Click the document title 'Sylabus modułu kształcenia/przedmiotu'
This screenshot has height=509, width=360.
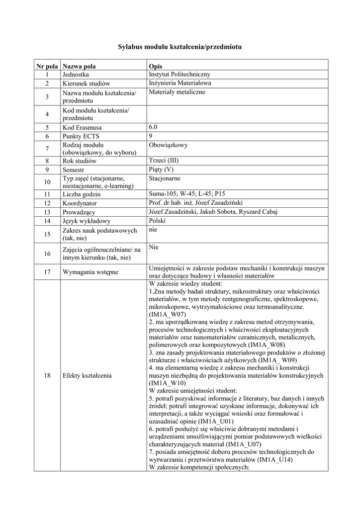[x=180, y=47]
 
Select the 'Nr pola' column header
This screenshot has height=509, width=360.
[x=47, y=66]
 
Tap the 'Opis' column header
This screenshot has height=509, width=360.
[x=155, y=66]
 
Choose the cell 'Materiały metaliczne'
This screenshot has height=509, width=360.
[x=177, y=92]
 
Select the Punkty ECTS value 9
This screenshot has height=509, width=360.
[x=151, y=136]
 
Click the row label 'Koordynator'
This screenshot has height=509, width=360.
[x=80, y=203]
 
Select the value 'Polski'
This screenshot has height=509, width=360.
[x=157, y=220]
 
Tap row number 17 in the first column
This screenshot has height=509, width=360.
[x=47, y=272]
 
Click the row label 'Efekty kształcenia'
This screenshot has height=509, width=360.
[x=87, y=375]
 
